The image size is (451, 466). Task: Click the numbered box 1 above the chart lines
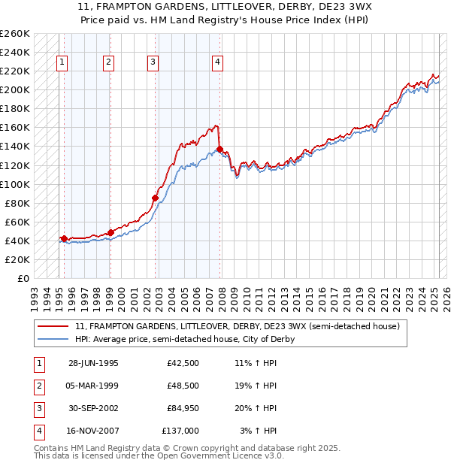tap(61, 62)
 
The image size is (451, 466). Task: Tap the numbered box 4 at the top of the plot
tap(216, 62)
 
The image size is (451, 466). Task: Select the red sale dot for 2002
tap(156, 198)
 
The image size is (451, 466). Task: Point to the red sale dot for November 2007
tap(219, 150)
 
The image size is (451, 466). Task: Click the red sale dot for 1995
tap(64, 238)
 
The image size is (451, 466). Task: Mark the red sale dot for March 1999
tap(110, 232)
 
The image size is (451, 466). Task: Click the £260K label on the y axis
tap(14, 34)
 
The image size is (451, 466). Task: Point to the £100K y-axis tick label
tap(14, 184)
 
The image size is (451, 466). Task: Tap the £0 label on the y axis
tap(23, 278)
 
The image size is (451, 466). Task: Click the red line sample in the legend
tap(53, 326)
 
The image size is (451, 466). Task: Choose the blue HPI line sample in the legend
tap(53, 339)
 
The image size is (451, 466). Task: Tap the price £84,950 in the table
tap(178, 408)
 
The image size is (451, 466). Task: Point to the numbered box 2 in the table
tap(38, 386)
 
